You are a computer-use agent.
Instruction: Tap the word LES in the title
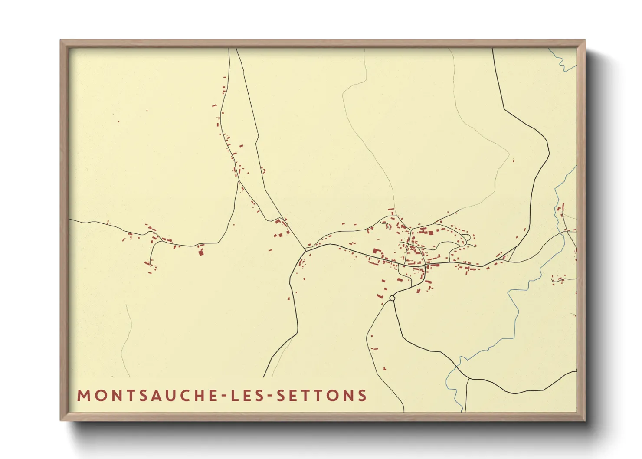pos(248,396)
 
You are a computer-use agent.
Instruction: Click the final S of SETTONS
pos(363,396)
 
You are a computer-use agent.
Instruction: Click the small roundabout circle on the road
pos(392,298)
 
